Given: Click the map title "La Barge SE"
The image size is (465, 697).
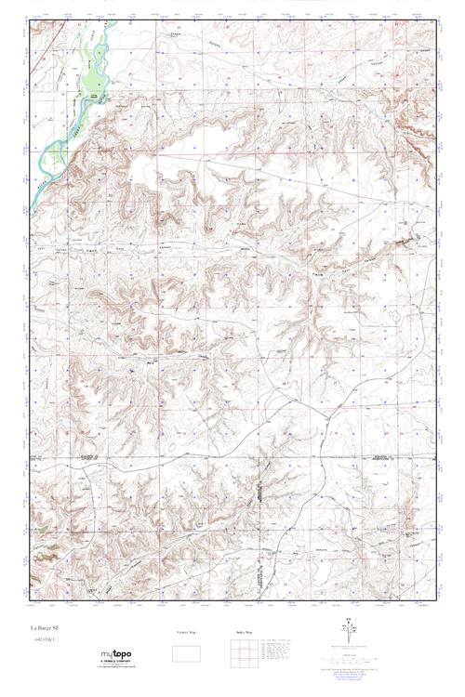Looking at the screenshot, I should (44, 629).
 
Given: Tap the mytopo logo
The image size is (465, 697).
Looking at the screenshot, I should (115, 654).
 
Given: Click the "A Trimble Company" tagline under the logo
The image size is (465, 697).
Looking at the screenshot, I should (115, 664).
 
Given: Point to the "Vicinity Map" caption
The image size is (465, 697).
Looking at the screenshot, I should (187, 632).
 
